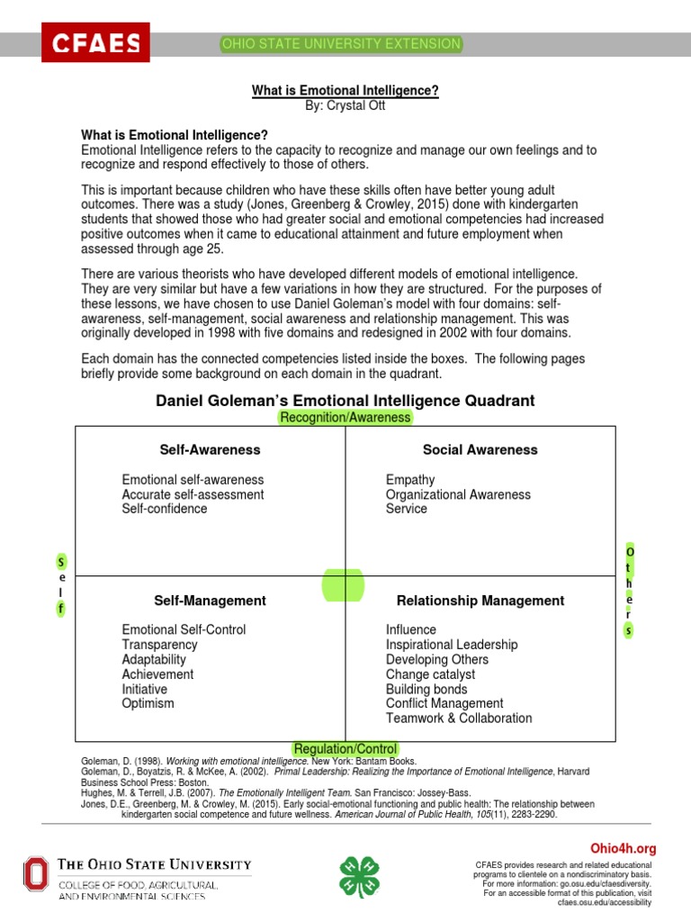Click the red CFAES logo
pyautogui.click(x=95, y=42)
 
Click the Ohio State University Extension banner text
pyautogui.click(x=342, y=44)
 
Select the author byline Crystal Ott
pyautogui.click(x=345, y=105)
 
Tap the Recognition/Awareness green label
pyautogui.click(x=345, y=417)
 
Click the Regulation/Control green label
pyautogui.click(x=345, y=748)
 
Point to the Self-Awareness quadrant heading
pyautogui.click(x=210, y=449)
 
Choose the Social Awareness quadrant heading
pyautogui.click(x=480, y=449)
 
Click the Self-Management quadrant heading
pyautogui.click(x=210, y=601)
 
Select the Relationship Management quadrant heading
pyautogui.click(x=480, y=601)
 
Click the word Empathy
pyautogui.click(x=410, y=480)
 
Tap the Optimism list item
pyautogui.click(x=148, y=703)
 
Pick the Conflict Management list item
pyautogui.click(x=444, y=703)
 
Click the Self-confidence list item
pyautogui.click(x=165, y=509)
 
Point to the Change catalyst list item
pyautogui.click(x=430, y=674)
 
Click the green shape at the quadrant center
pyautogui.click(x=345, y=584)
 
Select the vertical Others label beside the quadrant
pyautogui.click(x=630, y=591)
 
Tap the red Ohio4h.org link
pyautogui.click(x=623, y=848)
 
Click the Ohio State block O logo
pyautogui.click(x=36, y=876)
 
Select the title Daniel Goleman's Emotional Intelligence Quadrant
pyautogui.click(x=345, y=400)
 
